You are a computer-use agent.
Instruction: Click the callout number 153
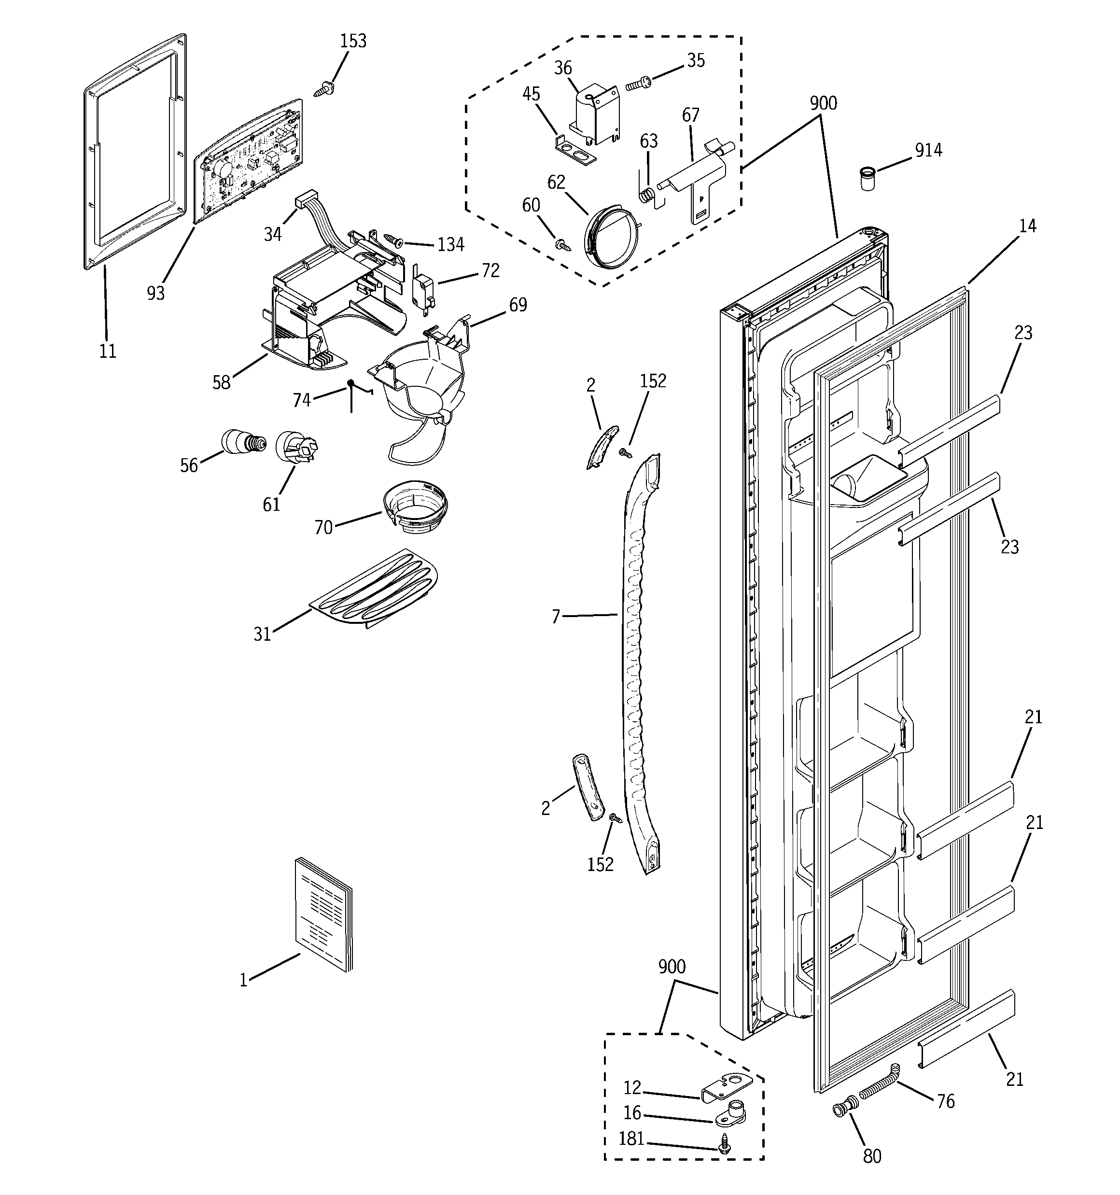click(353, 41)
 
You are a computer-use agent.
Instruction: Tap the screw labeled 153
click(324, 90)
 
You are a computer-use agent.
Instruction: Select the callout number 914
click(928, 150)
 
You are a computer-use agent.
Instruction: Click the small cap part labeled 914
click(866, 179)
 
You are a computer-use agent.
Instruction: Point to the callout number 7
click(556, 616)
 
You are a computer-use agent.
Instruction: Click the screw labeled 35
click(639, 83)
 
